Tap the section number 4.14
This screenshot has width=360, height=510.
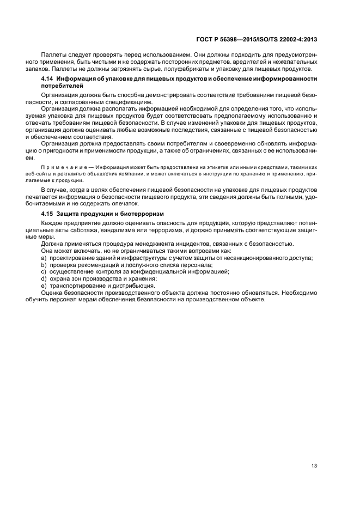point(47,80)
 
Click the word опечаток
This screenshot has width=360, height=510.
point(120,203)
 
